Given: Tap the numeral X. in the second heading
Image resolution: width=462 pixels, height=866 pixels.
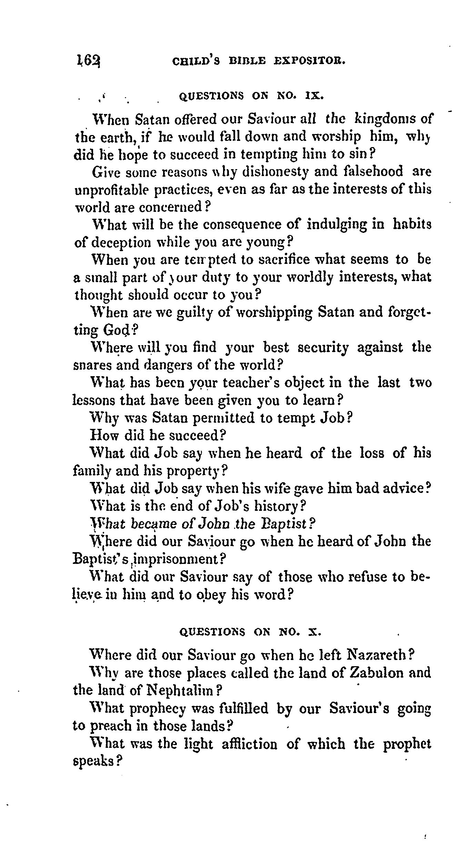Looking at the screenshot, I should click(x=315, y=632).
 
